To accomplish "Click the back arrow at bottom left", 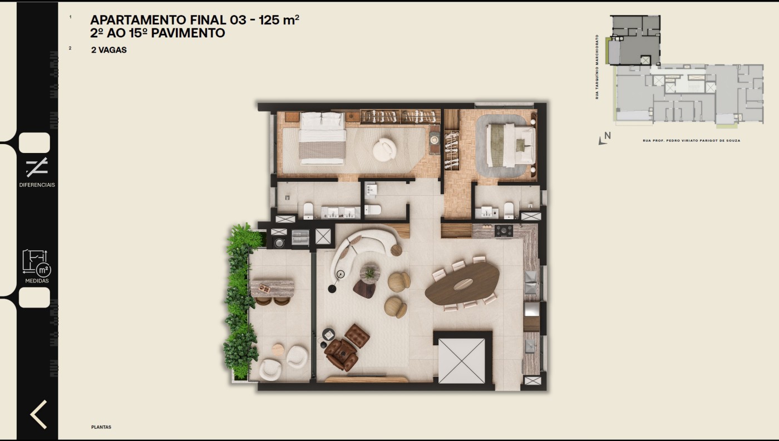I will [38, 414].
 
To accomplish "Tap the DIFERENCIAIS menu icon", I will [37, 167].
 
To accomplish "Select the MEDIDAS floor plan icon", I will [37, 262].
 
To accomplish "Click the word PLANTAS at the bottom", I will [101, 427].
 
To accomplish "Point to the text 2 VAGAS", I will [109, 50].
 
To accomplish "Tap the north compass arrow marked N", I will [604, 138].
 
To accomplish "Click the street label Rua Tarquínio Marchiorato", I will [597, 67].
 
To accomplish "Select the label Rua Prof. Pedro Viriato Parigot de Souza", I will [691, 141].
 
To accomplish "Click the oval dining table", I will [462, 284].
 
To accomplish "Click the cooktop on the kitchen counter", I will [504, 230].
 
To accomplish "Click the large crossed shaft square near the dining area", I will [461, 360].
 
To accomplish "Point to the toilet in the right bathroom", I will [509, 210].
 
